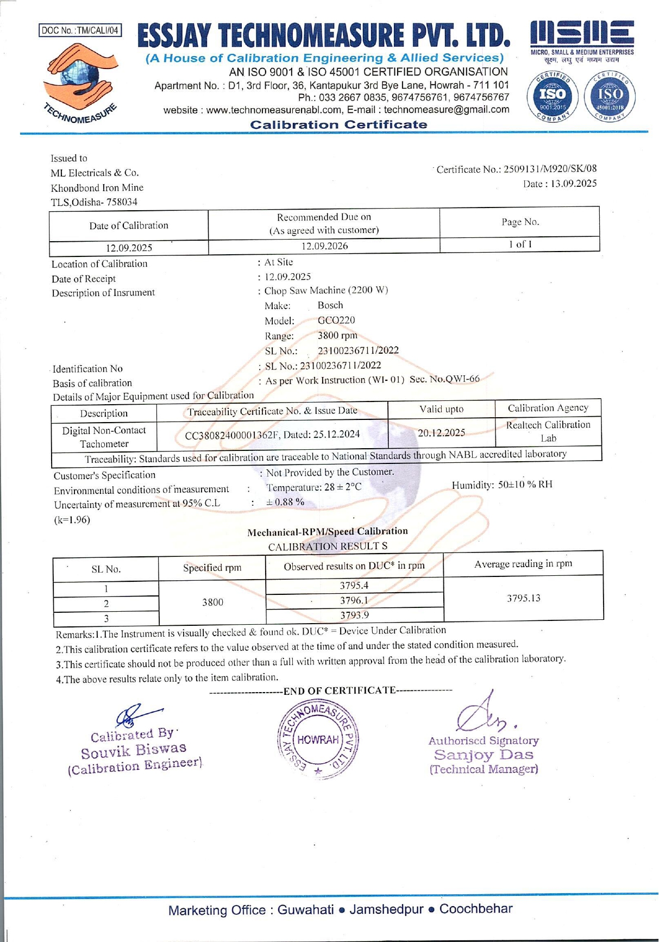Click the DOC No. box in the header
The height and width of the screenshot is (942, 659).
[80, 30]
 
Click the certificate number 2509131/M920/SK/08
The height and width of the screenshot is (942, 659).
[550, 169]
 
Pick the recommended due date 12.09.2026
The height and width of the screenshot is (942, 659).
[324, 246]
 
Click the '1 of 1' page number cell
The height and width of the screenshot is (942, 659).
[520, 244]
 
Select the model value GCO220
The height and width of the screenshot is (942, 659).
[336, 321]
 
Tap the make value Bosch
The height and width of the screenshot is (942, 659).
[330, 305]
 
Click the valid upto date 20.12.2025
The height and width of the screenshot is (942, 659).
[441, 433]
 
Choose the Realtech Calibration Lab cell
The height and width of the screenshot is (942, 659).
[548, 431]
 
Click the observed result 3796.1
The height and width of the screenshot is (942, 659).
[354, 600]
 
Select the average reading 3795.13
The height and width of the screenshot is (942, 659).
[524, 599]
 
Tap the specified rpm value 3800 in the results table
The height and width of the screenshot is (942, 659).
[212, 602]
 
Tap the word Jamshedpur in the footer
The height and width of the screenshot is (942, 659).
[386, 909]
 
